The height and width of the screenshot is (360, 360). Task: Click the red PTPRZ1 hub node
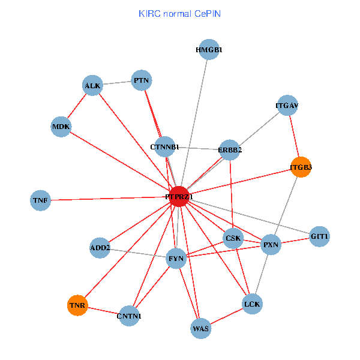(179, 197)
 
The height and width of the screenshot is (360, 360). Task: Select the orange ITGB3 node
(301, 167)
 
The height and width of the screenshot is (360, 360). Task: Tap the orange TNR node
(77, 305)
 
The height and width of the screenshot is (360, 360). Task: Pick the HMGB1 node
(209, 50)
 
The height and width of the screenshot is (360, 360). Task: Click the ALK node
(92, 85)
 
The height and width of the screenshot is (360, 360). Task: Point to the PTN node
(142, 80)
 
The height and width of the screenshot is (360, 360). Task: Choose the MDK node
(61, 127)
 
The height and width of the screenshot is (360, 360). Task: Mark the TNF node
(40, 200)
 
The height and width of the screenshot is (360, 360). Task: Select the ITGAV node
(287, 106)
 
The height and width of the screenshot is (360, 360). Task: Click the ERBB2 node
(230, 150)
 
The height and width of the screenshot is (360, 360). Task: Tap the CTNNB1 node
(165, 146)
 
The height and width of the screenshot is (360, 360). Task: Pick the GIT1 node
(320, 236)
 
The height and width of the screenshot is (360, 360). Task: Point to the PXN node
(271, 244)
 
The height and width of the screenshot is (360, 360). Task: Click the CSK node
(233, 238)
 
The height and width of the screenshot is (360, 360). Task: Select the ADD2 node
(100, 247)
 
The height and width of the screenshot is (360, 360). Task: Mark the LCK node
(253, 304)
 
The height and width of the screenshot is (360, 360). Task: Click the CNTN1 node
(129, 316)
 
